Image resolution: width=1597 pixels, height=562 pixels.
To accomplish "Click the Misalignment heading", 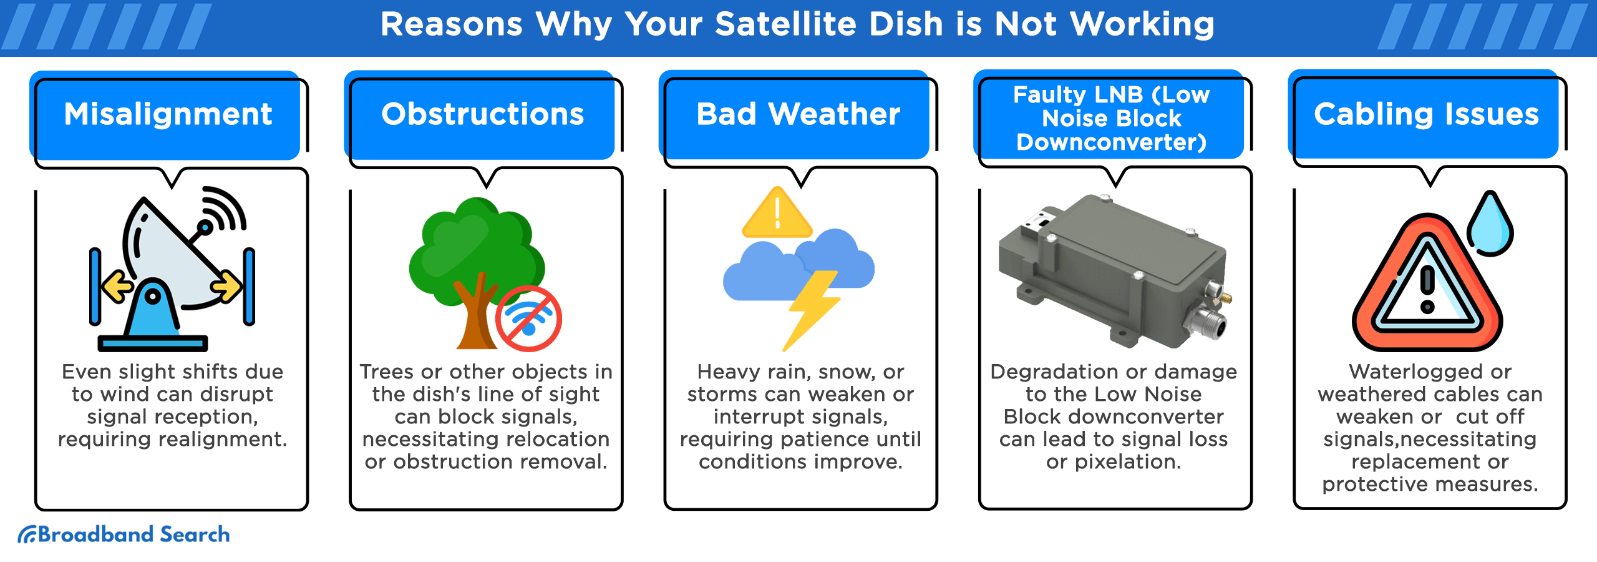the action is (168, 114).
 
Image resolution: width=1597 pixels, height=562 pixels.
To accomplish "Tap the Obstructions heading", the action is (483, 114).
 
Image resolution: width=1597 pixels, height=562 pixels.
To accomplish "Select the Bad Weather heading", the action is (798, 114).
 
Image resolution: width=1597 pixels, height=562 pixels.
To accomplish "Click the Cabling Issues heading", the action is (1427, 114).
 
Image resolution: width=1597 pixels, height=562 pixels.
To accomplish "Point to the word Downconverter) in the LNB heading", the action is (1112, 142).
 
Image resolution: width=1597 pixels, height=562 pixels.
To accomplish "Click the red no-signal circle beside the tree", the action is (528, 318).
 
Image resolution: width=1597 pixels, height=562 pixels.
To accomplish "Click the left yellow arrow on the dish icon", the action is (117, 287).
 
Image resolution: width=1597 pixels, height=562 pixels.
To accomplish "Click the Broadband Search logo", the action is (124, 535).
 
